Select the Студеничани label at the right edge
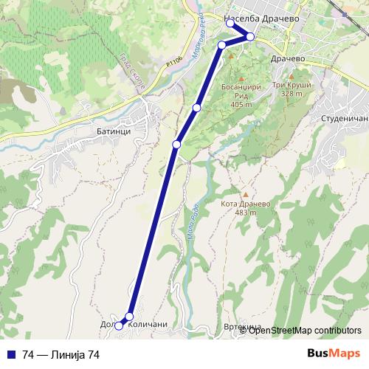(x=343, y=117)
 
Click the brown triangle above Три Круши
(x=292, y=75)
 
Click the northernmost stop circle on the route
(x=230, y=24)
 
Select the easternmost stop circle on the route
(x=250, y=37)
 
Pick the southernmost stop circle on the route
(x=119, y=326)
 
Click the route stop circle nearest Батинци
(x=176, y=144)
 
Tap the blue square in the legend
(x=12, y=355)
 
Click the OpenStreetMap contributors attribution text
(x=305, y=331)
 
